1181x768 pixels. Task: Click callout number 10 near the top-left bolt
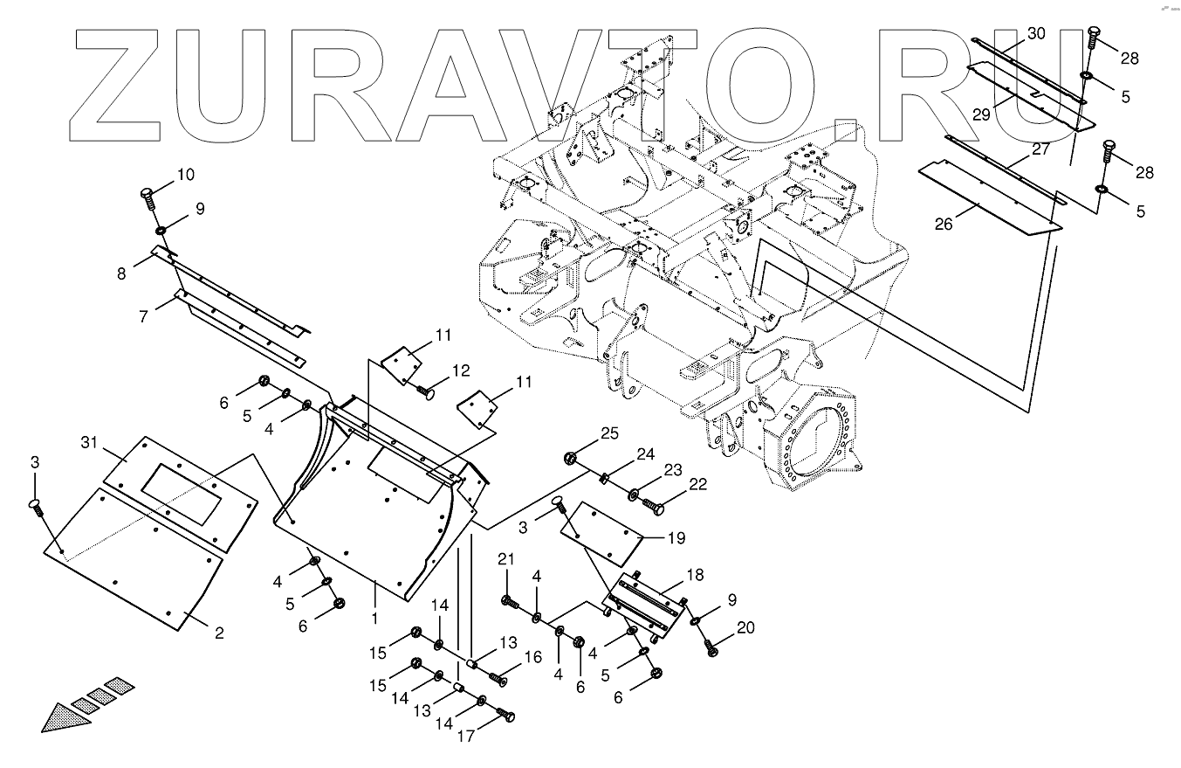185,175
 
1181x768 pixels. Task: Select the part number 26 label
943,224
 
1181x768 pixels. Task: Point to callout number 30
1035,33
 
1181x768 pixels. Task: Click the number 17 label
466,736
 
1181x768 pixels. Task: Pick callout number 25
608,433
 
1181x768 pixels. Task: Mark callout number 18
694,575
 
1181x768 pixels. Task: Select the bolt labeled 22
653,503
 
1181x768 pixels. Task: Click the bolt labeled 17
506,716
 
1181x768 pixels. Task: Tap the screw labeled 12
425,391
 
